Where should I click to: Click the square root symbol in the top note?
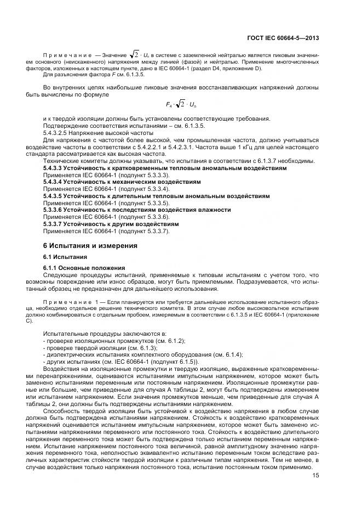[x=134, y=54]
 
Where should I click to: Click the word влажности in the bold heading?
[x=214, y=210]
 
